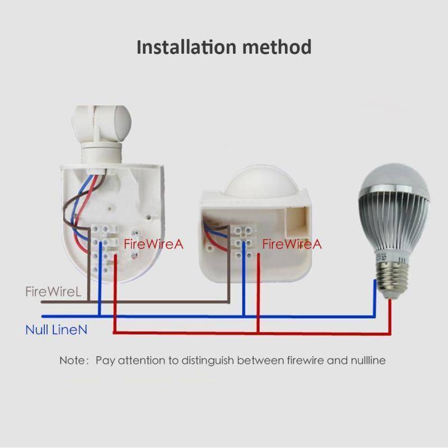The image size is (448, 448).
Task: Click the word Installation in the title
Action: point(187,47)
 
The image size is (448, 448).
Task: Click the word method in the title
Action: point(277,47)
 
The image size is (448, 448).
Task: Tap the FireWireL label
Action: point(53,291)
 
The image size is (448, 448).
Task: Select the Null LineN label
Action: point(57,329)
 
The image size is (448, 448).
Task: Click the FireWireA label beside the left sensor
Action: point(153,244)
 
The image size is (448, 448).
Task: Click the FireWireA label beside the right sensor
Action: point(292,244)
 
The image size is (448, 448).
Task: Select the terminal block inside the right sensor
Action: point(244,242)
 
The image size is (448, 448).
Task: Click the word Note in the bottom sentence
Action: point(73,360)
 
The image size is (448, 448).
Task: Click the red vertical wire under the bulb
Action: point(390,316)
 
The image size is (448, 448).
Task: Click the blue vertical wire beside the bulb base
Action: point(375,298)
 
